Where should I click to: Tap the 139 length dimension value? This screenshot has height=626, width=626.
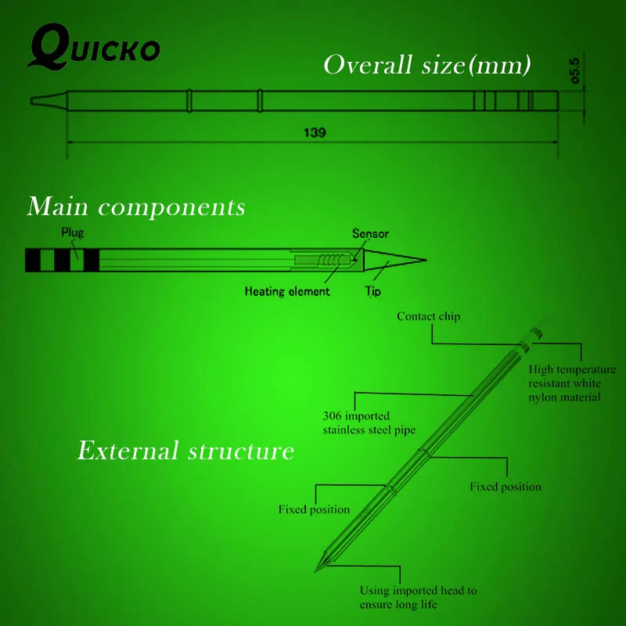(315, 132)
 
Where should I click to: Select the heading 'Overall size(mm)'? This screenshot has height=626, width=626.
(427, 65)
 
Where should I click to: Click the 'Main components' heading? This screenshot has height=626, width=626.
(136, 207)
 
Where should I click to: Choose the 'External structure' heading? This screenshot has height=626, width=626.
(185, 452)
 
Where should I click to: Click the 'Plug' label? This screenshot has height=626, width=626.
(72, 232)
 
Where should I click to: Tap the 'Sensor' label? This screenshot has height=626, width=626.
(370, 233)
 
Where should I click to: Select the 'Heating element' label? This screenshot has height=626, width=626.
(287, 291)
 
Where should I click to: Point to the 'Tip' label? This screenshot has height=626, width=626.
(373, 291)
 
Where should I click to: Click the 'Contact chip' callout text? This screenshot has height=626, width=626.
(428, 317)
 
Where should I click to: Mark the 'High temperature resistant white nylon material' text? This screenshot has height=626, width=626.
(567, 383)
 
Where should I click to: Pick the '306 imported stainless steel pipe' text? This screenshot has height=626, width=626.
(369, 423)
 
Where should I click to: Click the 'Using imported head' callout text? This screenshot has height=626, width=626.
(418, 598)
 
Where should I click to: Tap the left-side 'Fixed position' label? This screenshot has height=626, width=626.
(314, 509)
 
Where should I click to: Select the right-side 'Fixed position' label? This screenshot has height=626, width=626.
(505, 487)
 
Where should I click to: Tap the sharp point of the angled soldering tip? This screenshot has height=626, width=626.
(317, 570)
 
